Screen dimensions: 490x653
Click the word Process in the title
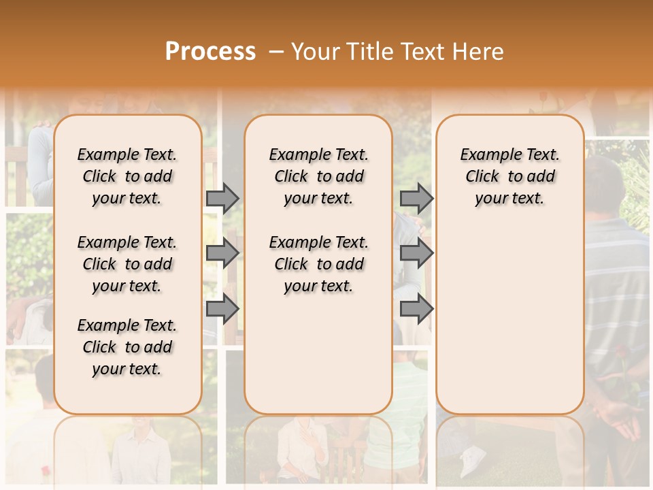pyautogui.click(x=210, y=52)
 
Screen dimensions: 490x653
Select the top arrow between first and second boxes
pyautogui.click(x=222, y=198)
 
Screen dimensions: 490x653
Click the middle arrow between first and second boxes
pyautogui.click(x=222, y=253)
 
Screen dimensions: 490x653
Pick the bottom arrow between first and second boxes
pyautogui.click(x=222, y=308)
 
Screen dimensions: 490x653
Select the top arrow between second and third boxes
pyautogui.click(x=416, y=198)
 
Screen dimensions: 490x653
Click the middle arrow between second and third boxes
pyautogui.click(x=416, y=253)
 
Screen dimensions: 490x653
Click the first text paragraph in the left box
pyautogui.click(x=127, y=176)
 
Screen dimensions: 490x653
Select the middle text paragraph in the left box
pyautogui.click(x=127, y=264)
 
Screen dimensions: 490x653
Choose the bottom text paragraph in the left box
pyautogui.click(x=127, y=347)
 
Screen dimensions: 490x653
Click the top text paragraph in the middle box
pyautogui.click(x=318, y=176)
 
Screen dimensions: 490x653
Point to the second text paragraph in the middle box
pyautogui.click(x=318, y=264)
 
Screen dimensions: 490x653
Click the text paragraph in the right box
pyautogui.click(x=509, y=176)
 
